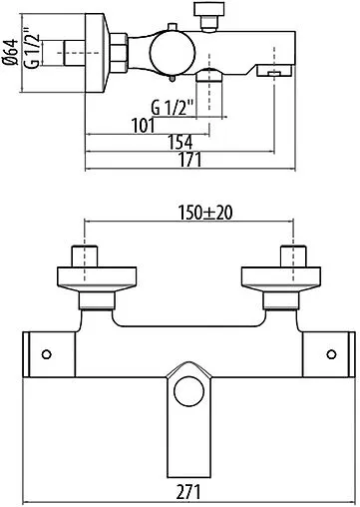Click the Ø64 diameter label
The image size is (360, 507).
click(x=8, y=48)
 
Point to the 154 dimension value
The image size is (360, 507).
click(x=180, y=143)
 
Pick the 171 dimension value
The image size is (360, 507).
click(x=189, y=160)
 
